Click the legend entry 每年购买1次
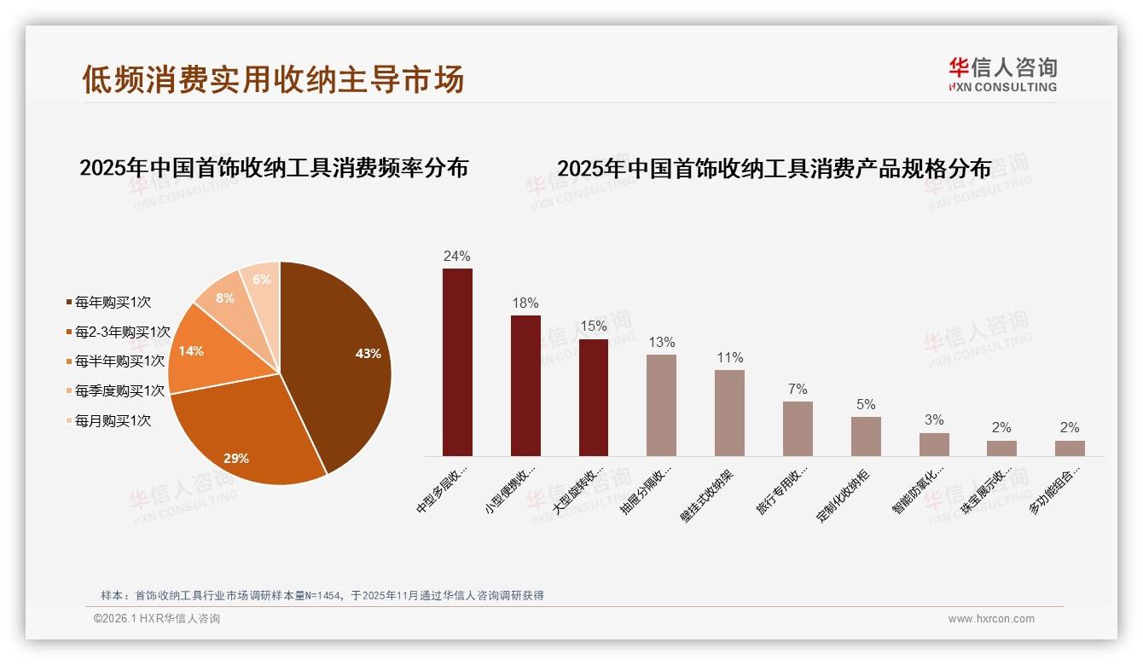click(x=112, y=302)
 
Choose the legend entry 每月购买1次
click(x=112, y=420)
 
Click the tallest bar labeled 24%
click(x=457, y=362)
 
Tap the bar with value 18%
click(x=525, y=385)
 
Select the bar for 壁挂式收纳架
click(x=729, y=413)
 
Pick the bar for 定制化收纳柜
click(x=866, y=436)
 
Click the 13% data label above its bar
click(x=661, y=342)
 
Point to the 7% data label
click(x=798, y=389)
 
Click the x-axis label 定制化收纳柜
click(x=844, y=494)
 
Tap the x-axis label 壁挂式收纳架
click(x=708, y=494)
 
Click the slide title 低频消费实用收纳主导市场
click(x=273, y=78)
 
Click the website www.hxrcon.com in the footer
click(x=991, y=619)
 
